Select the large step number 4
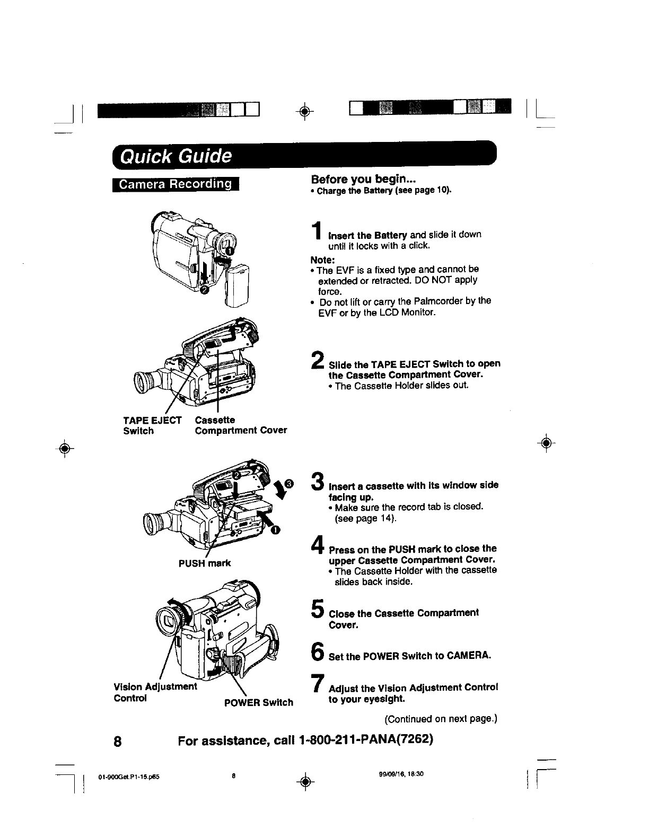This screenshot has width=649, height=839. pyautogui.click(x=318, y=545)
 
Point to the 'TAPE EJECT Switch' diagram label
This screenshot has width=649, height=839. pyautogui.click(x=152, y=425)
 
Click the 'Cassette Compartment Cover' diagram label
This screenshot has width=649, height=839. pyautogui.click(x=241, y=425)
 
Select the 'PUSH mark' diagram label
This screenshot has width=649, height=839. pyautogui.click(x=205, y=563)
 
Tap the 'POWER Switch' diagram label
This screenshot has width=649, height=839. pyautogui.click(x=258, y=702)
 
